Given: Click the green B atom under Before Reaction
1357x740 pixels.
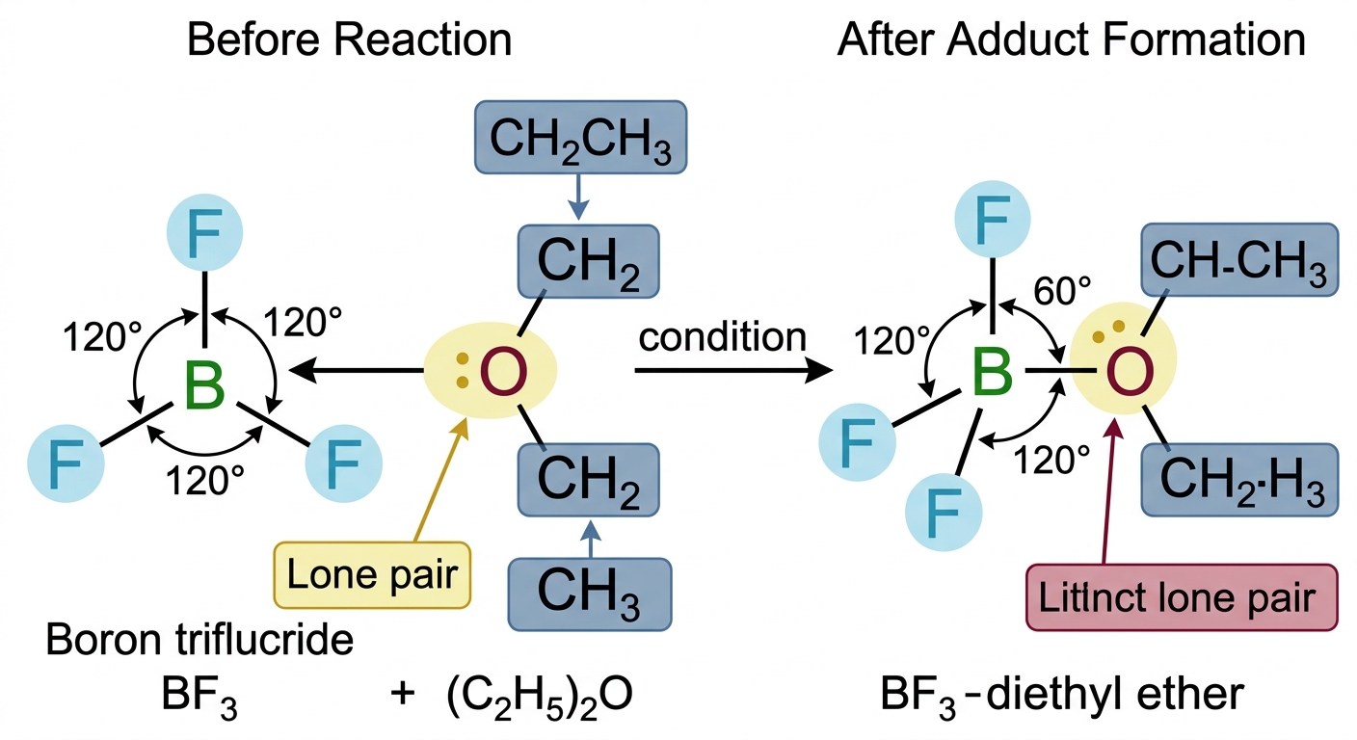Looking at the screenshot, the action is tap(204, 385).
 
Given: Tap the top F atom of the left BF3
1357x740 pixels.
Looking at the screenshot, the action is tap(204, 232).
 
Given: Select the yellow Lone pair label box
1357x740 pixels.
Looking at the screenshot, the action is tap(372, 574).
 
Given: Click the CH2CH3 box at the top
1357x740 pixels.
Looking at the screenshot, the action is tap(580, 138).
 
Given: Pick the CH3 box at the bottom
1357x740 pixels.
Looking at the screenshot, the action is tap(590, 595).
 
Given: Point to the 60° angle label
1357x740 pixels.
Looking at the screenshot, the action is tap(1062, 291).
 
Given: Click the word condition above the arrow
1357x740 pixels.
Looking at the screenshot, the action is tap(722, 336).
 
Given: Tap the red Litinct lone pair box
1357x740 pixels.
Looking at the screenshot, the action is tap(1182, 597).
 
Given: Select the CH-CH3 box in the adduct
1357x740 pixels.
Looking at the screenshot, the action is tap(1239, 260).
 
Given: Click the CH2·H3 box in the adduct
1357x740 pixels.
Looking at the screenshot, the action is tap(1239, 480).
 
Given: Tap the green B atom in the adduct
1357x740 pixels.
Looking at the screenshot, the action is tap(993, 371).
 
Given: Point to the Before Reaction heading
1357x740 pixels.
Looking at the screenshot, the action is tap(350, 40).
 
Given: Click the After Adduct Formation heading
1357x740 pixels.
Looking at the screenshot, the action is tap(1071, 40).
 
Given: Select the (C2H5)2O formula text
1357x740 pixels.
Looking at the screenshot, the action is tap(539, 695).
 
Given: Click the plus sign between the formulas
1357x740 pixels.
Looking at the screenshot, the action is tap(402, 693).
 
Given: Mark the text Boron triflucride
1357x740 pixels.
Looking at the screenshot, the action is tap(200, 640).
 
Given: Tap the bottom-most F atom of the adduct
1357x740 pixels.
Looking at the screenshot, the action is tap(944, 513).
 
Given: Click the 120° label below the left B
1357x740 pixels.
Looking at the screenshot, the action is tap(204, 480).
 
